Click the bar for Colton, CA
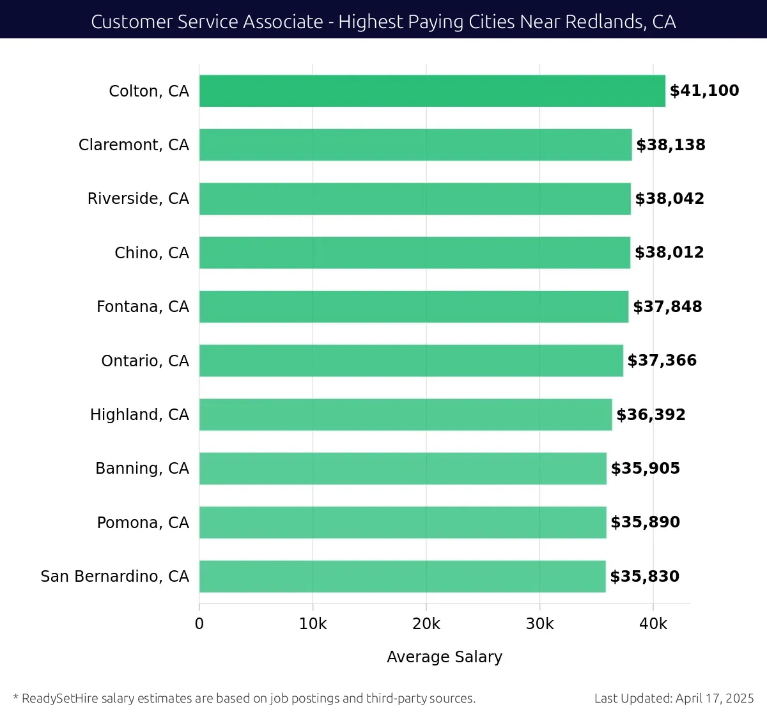432,91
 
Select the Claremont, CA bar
415,145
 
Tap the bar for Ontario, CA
411,361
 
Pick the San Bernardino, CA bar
403,577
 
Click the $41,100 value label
704,91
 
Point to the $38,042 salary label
670,199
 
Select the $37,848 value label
668,307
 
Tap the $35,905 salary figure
646,469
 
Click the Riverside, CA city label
138,199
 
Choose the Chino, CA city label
151,253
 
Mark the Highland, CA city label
139,415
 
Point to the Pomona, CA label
143,523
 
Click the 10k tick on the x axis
313,624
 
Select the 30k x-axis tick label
539,624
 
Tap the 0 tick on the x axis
199,624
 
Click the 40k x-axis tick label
653,624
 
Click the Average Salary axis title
445,657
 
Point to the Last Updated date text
674,698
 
